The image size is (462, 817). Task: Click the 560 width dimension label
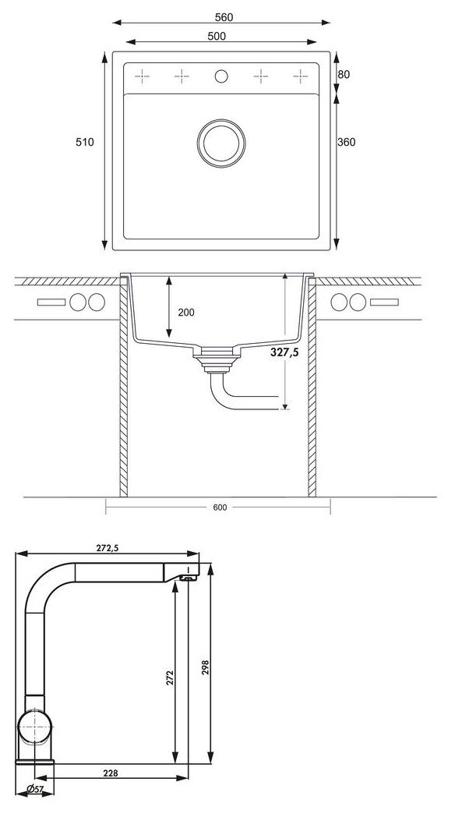pyautogui.click(x=224, y=17)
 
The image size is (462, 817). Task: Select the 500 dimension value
pyautogui.click(x=216, y=36)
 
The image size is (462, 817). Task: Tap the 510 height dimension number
pyautogui.click(x=85, y=142)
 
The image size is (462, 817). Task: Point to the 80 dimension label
pyautogui.click(x=344, y=75)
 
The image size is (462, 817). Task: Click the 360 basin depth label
pyautogui.click(x=347, y=142)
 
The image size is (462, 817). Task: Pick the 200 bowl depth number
pyautogui.click(x=186, y=313)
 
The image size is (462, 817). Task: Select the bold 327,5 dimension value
pyautogui.click(x=284, y=352)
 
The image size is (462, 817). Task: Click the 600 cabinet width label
pyautogui.click(x=220, y=508)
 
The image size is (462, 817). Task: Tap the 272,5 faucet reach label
pyautogui.click(x=108, y=547)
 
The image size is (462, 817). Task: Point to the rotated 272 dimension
pyautogui.click(x=166, y=677)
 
